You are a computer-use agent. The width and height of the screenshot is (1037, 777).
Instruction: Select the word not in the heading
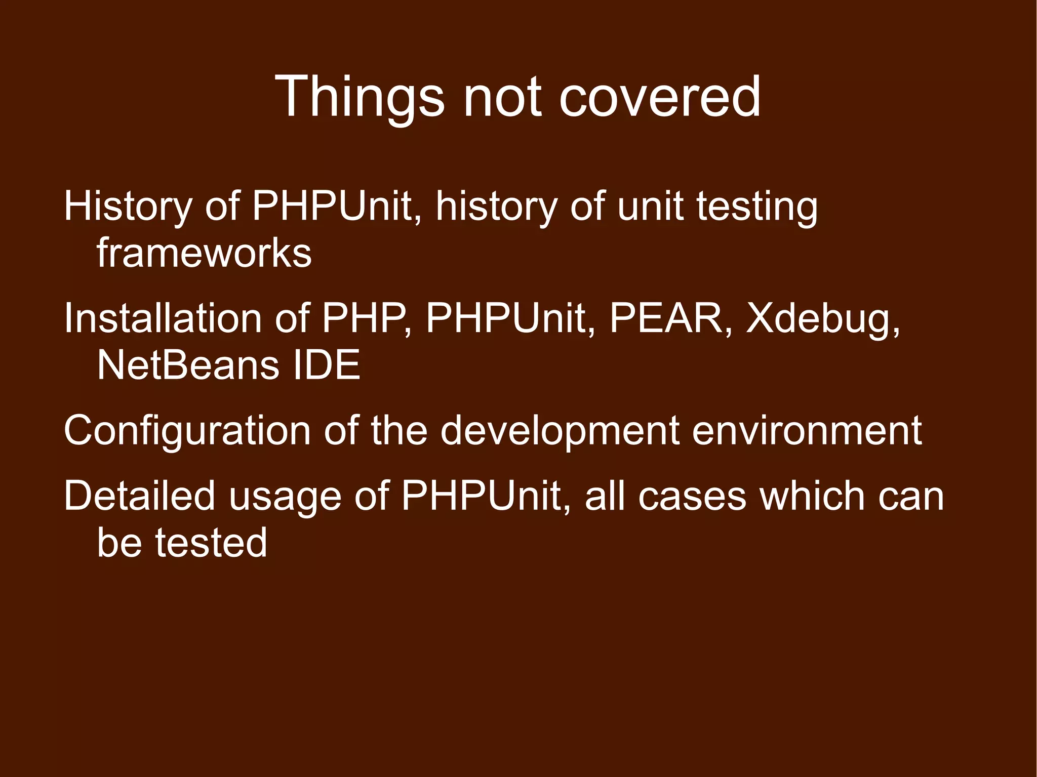pyautogui.click(x=501, y=96)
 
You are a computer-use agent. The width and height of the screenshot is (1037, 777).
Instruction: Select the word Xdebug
pyautogui.click(x=822, y=320)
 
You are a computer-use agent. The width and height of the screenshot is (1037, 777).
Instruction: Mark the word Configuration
pyautogui.click(x=187, y=431)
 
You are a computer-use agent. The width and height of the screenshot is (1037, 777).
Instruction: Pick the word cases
pyautogui.click(x=691, y=496)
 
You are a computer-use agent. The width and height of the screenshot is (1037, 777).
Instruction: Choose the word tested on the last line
pyautogui.click(x=211, y=542)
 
